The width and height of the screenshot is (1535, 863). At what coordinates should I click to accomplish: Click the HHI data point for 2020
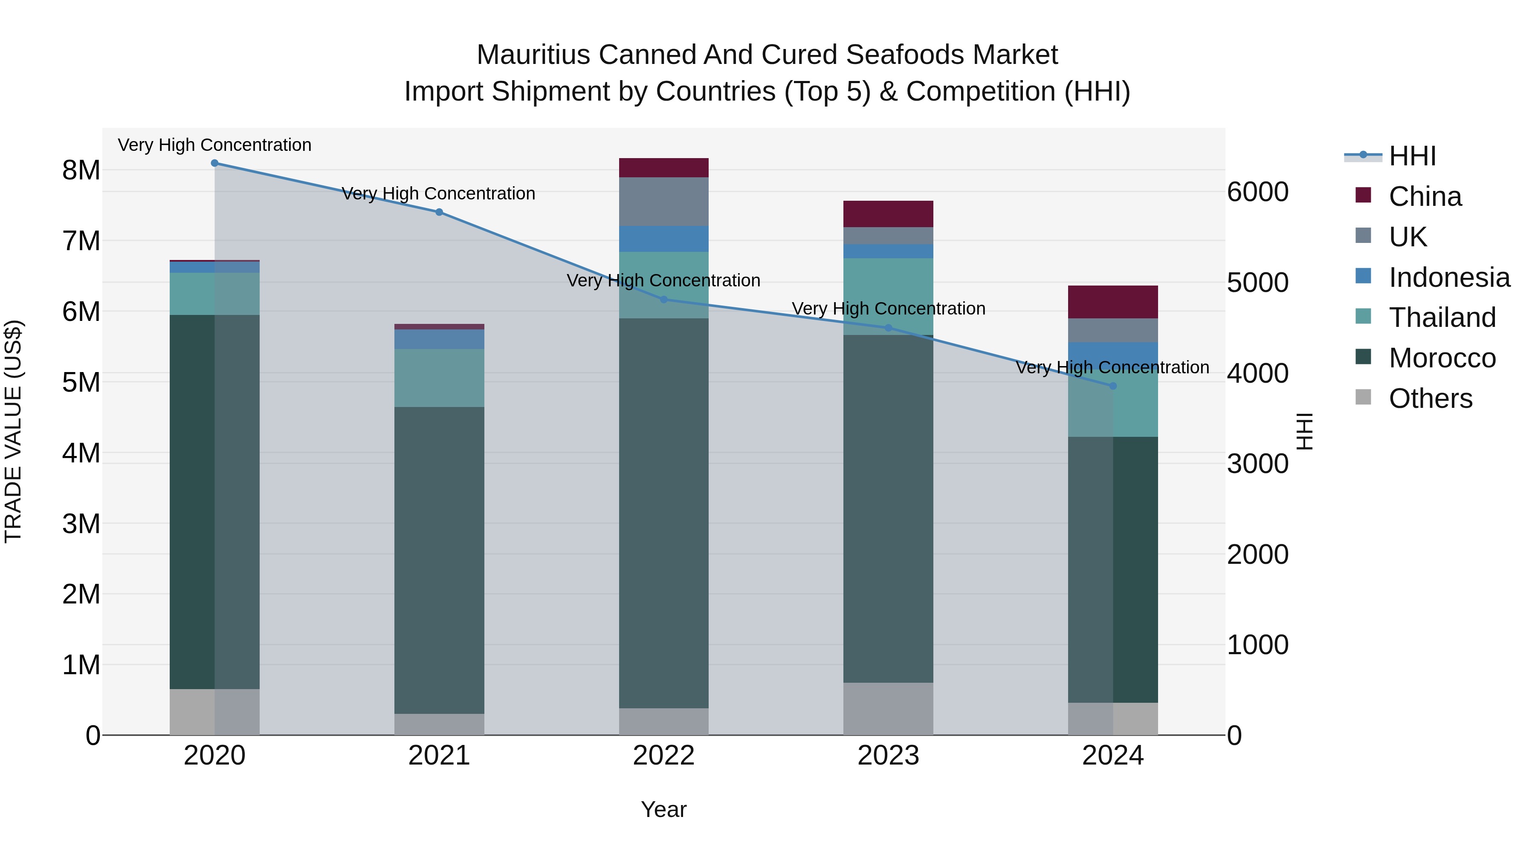click(214, 163)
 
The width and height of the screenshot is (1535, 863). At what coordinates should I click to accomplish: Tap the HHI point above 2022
click(664, 300)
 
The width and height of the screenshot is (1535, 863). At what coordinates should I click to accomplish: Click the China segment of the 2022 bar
click(664, 168)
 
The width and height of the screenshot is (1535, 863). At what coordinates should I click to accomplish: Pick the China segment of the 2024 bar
click(1112, 302)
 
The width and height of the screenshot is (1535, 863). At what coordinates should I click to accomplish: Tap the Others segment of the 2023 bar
click(888, 709)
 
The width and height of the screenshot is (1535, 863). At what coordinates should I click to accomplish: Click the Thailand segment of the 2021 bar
click(439, 378)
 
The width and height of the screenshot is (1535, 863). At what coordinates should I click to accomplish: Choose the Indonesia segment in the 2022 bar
click(664, 239)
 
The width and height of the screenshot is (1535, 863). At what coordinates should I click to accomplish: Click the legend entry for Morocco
click(1442, 358)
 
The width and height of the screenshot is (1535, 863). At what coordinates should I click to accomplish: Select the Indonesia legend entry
click(1449, 277)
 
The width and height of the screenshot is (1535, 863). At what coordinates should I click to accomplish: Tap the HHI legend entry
click(1412, 156)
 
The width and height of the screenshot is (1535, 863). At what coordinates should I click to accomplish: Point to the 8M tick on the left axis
click(81, 170)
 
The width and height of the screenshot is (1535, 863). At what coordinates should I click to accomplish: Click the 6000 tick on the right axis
click(1257, 192)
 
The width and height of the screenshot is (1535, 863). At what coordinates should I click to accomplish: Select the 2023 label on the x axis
click(888, 756)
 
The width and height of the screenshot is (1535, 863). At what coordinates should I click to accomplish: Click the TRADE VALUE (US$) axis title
click(13, 431)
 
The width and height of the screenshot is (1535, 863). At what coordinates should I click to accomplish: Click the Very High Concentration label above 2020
click(214, 145)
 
